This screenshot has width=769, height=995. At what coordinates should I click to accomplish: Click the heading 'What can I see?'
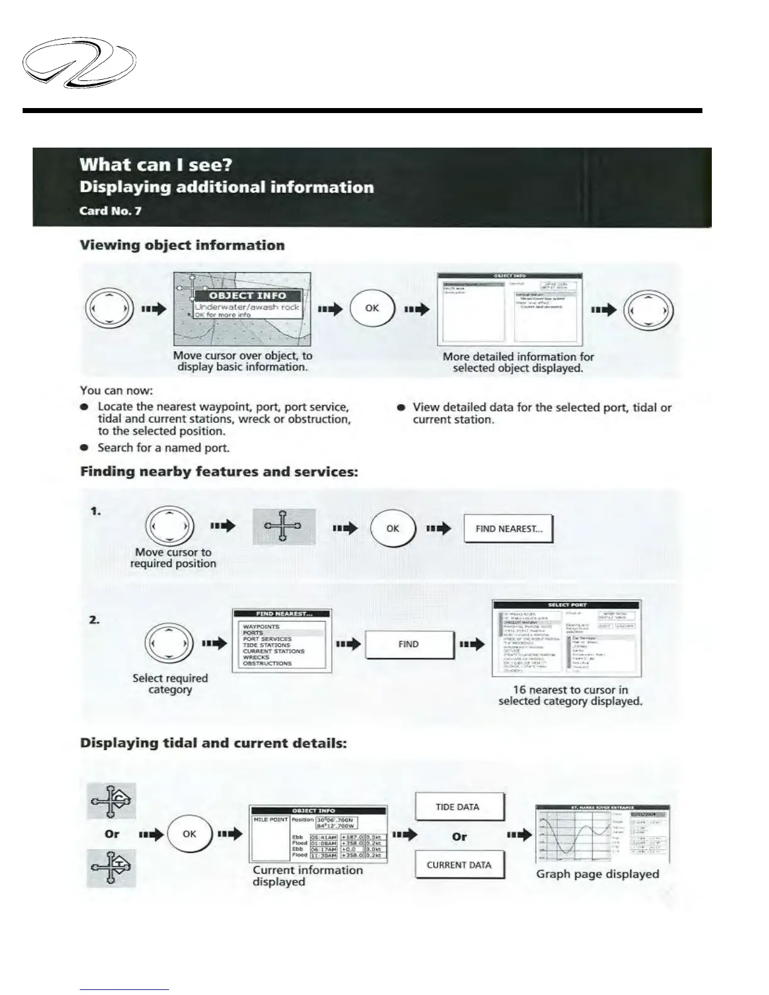[156, 165]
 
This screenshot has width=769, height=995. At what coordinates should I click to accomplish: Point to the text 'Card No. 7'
[110, 210]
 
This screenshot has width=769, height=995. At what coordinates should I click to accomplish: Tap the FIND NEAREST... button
[508, 529]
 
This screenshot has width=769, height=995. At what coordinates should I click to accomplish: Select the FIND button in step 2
[409, 644]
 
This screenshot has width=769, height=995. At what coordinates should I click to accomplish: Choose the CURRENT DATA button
[459, 865]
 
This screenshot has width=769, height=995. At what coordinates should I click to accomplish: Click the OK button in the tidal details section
[189, 834]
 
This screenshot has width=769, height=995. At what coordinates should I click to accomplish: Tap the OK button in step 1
[393, 529]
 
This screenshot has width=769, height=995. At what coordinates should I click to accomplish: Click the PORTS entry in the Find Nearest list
[253, 633]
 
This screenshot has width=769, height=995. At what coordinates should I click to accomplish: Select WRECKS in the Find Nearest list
[256, 657]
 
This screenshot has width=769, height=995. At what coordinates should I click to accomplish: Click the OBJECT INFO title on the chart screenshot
[247, 295]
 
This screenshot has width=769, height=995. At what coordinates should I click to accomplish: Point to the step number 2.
[94, 620]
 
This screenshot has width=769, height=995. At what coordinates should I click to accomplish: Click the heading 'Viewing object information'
[182, 245]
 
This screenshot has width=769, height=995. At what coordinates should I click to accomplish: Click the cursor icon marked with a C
[111, 801]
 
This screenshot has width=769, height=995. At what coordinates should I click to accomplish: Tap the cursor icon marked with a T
[111, 868]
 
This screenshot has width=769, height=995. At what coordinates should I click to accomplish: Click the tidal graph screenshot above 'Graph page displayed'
[603, 834]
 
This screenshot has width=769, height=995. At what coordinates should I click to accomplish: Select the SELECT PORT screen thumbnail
[567, 638]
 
